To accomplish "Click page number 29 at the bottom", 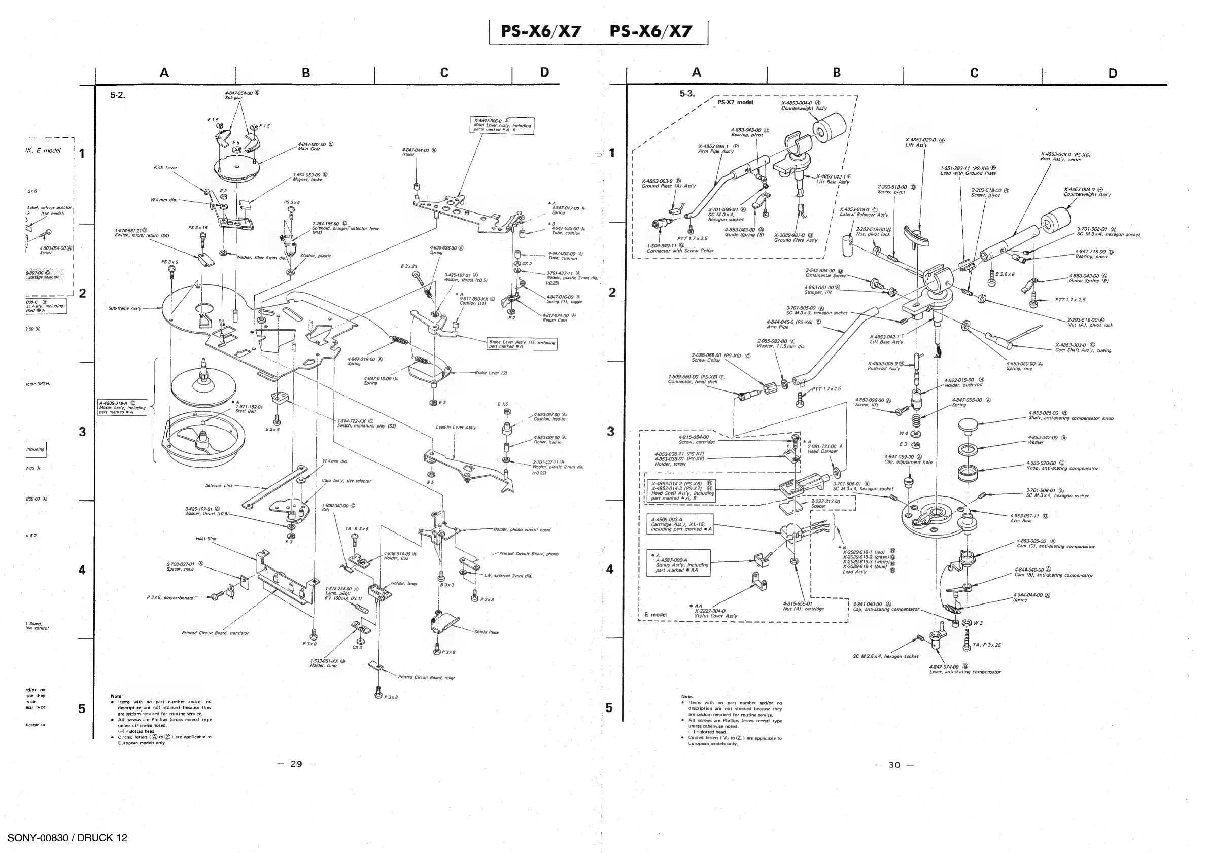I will coord(297,764).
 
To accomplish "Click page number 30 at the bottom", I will coord(894,765).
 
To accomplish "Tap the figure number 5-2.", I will coord(117,96).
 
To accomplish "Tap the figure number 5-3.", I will coord(687,94).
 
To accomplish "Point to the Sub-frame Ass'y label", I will coord(125,309).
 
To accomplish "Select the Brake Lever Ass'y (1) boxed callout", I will coord(522,344).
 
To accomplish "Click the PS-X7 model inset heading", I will coord(735,102).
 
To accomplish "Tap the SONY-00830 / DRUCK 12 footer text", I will coord(67,838).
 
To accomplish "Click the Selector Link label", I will coord(219,485).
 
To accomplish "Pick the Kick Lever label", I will coord(165,168).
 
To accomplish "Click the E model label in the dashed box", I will coord(655,614).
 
